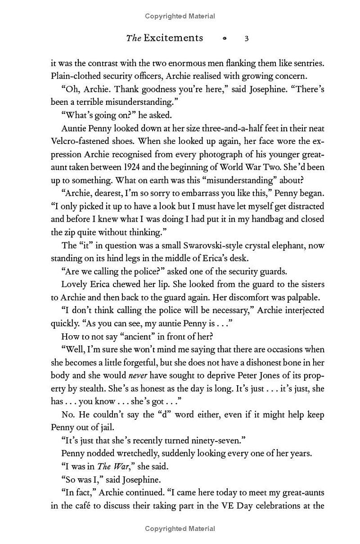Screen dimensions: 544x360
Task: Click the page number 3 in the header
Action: pyautogui.click(x=247, y=38)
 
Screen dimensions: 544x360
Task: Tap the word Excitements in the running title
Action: pyautogui.click(x=173, y=38)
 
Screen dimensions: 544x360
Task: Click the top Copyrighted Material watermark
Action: pyautogui.click(x=180, y=16)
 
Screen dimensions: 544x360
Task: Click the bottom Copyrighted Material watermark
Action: pyautogui.click(x=180, y=529)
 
